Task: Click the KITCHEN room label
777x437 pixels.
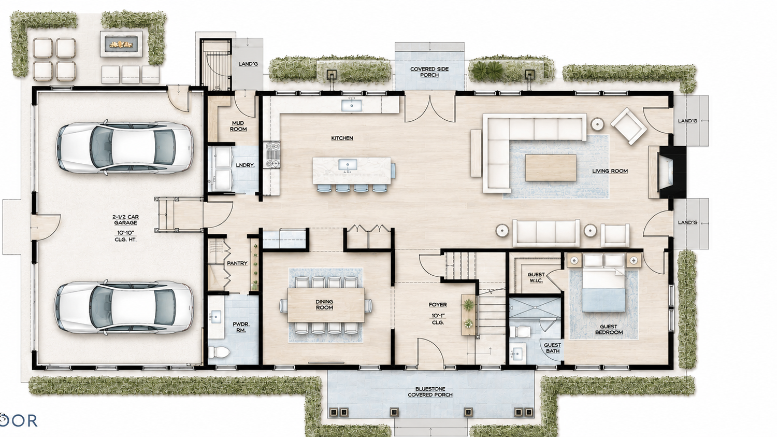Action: pos(342,138)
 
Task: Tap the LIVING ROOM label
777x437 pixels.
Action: pos(610,171)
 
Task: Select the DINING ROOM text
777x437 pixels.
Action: pos(324,304)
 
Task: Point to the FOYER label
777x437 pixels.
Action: pos(438,304)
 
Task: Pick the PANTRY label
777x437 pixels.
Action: pos(237,263)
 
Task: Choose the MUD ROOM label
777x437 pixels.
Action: pos(238,126)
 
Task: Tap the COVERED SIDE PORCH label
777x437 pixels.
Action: pos(429,72)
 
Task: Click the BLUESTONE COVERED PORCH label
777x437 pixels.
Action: pos(430,391)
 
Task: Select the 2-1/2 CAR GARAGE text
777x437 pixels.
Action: pos(125,220)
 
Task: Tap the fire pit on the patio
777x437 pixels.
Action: pos(121,44)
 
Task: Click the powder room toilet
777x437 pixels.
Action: pos(219,352)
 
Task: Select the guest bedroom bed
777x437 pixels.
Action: pos(603,283)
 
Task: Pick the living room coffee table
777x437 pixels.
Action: pos(551,167)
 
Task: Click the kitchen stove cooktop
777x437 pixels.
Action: pos(272,155)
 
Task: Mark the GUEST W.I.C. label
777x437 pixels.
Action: pos(536,277)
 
